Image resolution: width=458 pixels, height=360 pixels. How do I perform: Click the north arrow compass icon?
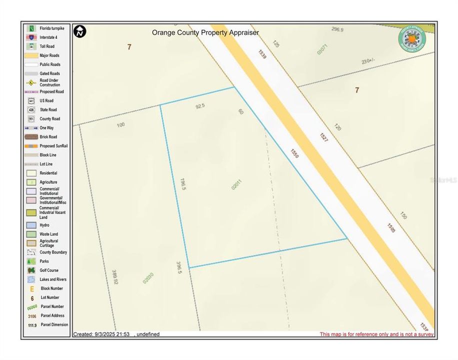pos(80,31)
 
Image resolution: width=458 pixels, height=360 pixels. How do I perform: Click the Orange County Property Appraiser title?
pos(205,32)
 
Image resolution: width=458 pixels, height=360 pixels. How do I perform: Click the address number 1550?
pos(294,153)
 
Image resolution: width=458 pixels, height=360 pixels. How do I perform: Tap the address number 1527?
pos(324,136)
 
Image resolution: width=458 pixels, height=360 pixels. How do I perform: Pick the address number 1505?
pos(391,227)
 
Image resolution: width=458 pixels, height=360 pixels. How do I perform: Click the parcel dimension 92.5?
pos(200,106)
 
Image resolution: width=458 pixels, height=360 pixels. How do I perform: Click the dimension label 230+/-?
pos(367,61)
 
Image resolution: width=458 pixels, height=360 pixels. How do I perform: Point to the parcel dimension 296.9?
pos(337,29)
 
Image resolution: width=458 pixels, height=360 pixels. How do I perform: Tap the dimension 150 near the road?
pos(403,215)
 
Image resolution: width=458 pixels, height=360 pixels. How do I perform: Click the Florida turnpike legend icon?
pos(31,28)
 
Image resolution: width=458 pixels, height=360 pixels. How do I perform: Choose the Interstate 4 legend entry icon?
pos(31,37)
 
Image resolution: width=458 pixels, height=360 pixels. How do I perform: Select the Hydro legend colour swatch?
pos(31,225)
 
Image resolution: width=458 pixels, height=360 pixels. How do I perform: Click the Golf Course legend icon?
pos(31,270)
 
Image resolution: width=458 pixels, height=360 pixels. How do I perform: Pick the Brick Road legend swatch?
pos(31,136)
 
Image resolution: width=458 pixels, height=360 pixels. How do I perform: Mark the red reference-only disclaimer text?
pos(376,334)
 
